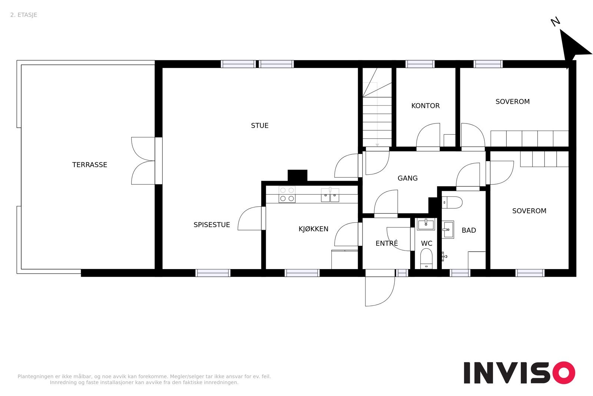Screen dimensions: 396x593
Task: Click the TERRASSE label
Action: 89,165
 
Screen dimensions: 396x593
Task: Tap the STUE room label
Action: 259,125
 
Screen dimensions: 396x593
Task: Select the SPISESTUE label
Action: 212,225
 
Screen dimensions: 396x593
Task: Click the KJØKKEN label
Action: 313,229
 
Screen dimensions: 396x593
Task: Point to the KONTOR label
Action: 425,106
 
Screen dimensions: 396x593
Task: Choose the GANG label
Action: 407,178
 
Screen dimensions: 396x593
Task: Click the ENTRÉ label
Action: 386,243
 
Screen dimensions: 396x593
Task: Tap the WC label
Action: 426,243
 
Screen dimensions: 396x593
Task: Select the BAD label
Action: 468,230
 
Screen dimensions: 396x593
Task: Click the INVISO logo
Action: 519,373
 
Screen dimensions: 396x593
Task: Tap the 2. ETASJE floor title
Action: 24,15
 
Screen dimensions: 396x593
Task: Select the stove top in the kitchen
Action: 287,194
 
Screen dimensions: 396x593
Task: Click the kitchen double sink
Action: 330,195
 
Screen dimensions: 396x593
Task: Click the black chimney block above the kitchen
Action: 297,175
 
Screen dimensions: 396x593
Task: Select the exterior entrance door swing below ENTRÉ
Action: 379,291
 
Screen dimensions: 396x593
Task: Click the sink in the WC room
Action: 426,224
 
